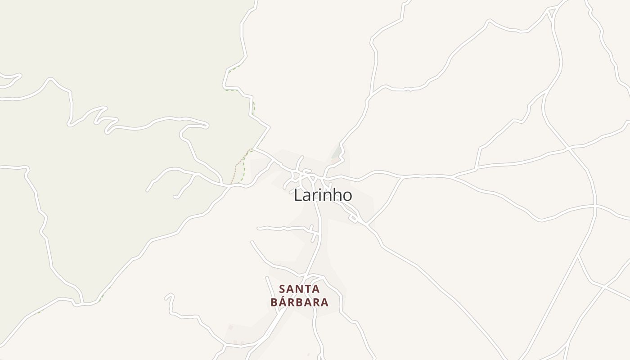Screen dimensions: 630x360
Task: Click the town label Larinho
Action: [323, 195]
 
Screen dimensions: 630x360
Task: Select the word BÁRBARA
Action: [299, 302]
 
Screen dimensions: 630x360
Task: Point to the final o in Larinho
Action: [346, 196]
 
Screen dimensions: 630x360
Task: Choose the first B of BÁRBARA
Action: [274, 302]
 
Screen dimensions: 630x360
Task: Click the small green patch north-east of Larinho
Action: [337, 152]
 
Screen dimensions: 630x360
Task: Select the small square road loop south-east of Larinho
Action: [354, 218]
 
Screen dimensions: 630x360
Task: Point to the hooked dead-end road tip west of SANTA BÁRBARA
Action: [168, 297]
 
